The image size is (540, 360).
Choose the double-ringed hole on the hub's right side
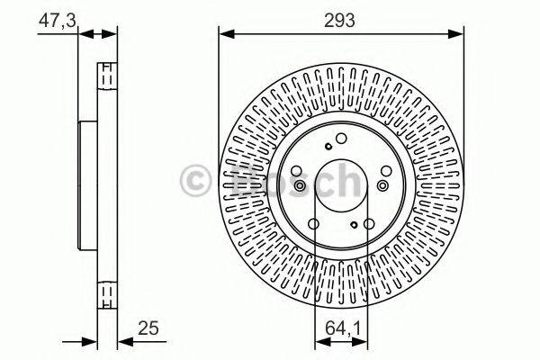(x=385, y=185)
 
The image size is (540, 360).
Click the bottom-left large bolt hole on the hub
(x=315, y=225)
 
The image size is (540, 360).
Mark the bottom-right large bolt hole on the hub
(x=369, y=225)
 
